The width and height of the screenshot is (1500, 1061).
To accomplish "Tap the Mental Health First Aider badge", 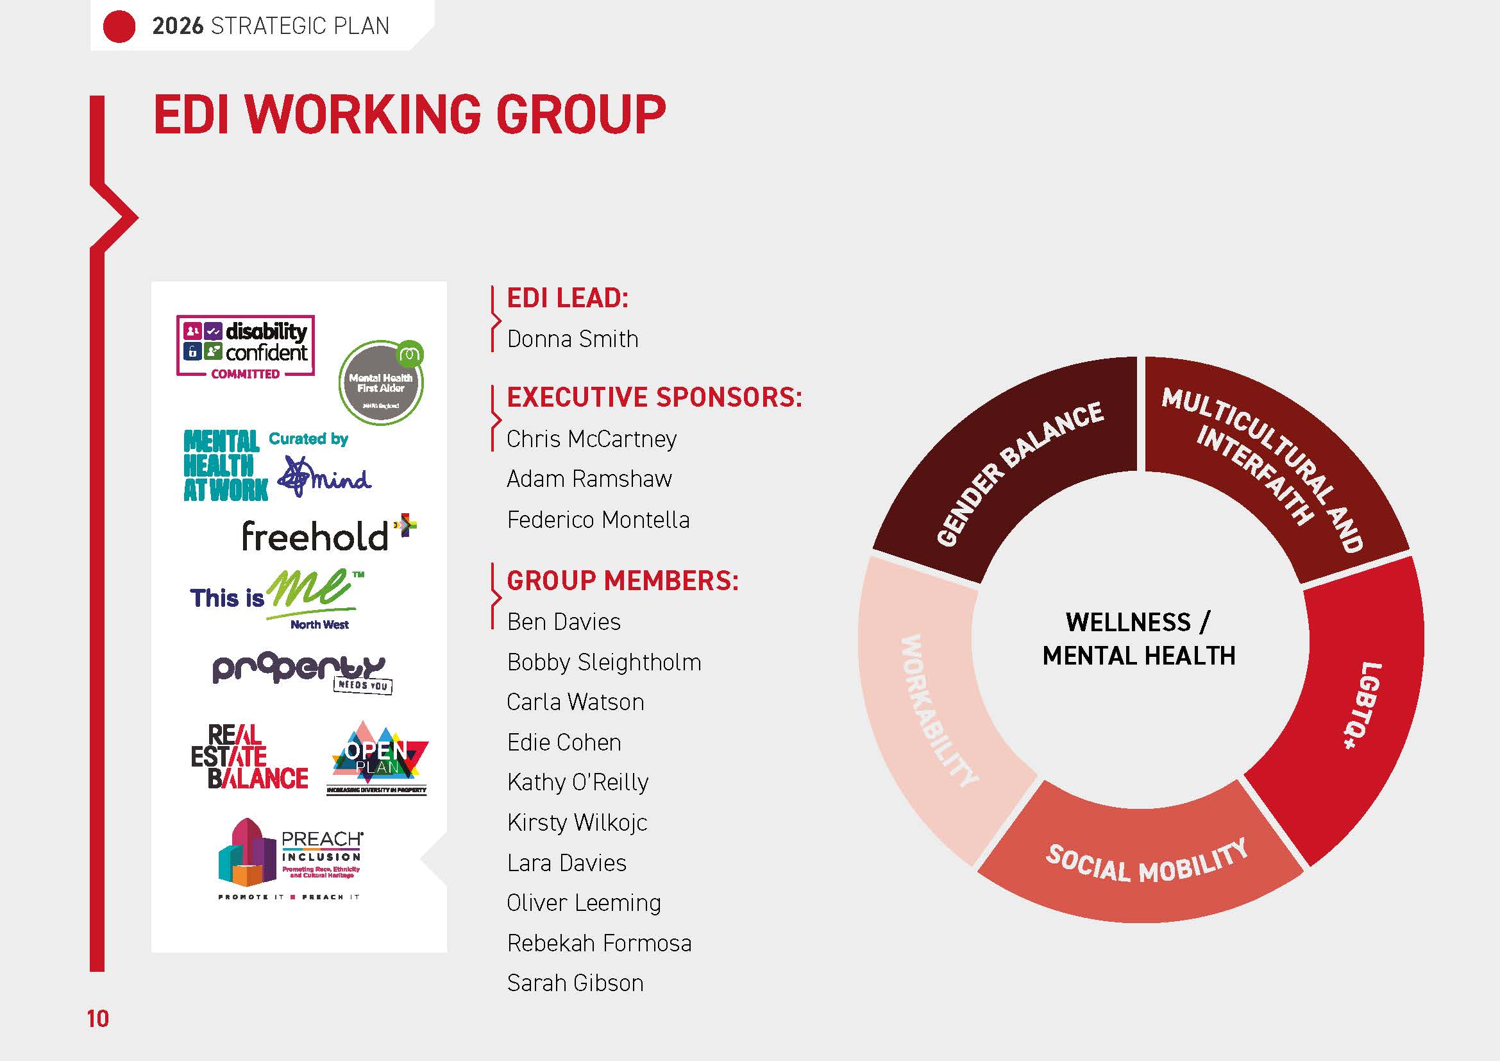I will point(381,383).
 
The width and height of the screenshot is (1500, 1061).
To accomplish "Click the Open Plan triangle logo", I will point(378,758).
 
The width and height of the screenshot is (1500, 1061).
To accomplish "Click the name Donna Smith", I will point(572,339).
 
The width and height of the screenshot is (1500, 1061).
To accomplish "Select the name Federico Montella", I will point(598,520).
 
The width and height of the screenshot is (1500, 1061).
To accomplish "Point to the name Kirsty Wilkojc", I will point(577,822).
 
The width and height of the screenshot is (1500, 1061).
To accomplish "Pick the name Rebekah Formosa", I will point(599,944).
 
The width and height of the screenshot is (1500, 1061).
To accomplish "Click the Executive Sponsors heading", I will point(654,397).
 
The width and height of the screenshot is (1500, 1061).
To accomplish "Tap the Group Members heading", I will point(623,581).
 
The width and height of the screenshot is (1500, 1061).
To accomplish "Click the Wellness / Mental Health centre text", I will point(1139,638).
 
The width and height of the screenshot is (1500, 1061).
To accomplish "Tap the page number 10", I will point(98,1019).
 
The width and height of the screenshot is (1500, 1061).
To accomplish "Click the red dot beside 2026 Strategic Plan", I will point(119,27).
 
